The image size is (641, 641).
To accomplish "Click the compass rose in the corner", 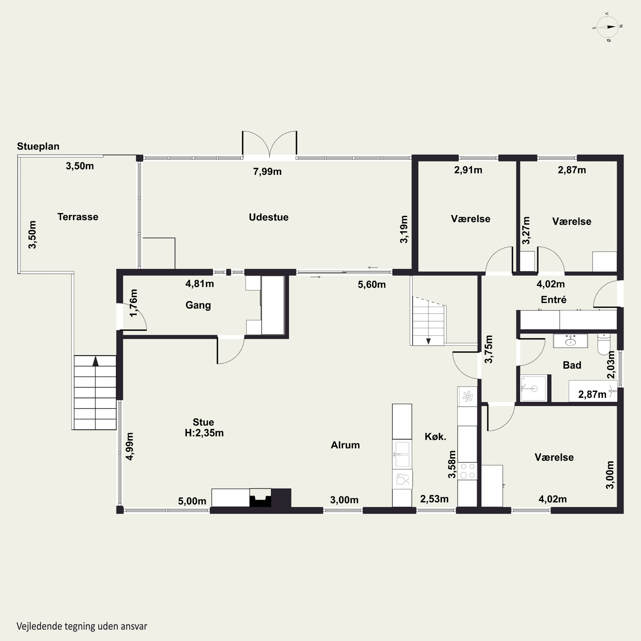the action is tap(607, 27).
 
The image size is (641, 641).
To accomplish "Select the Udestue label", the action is tap(269, 217).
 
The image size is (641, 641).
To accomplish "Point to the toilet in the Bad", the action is tap(604, 344).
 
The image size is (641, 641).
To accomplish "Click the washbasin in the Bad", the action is tap(570, 341).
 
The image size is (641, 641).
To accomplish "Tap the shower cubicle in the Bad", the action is tap(534, 388).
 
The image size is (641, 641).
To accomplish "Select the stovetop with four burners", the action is tap(467, 471).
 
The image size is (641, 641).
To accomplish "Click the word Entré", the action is tap(553, 300).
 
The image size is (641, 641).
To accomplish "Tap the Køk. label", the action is tap(435, 436).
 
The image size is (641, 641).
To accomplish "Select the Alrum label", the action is tap(345, 445).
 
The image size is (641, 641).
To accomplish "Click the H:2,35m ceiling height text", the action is tap(204, 433).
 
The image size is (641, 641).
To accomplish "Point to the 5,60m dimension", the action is tap(372, 284).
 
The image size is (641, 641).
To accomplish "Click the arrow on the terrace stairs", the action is tap(96, 361).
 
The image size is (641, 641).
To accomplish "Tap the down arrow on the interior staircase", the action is tap(428, 341).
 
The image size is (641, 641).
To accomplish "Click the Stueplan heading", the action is tap(38, 146).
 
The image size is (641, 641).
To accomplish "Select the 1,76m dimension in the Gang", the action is tap(133, 303).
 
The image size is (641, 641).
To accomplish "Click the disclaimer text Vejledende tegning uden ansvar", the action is tap(82, 626).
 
